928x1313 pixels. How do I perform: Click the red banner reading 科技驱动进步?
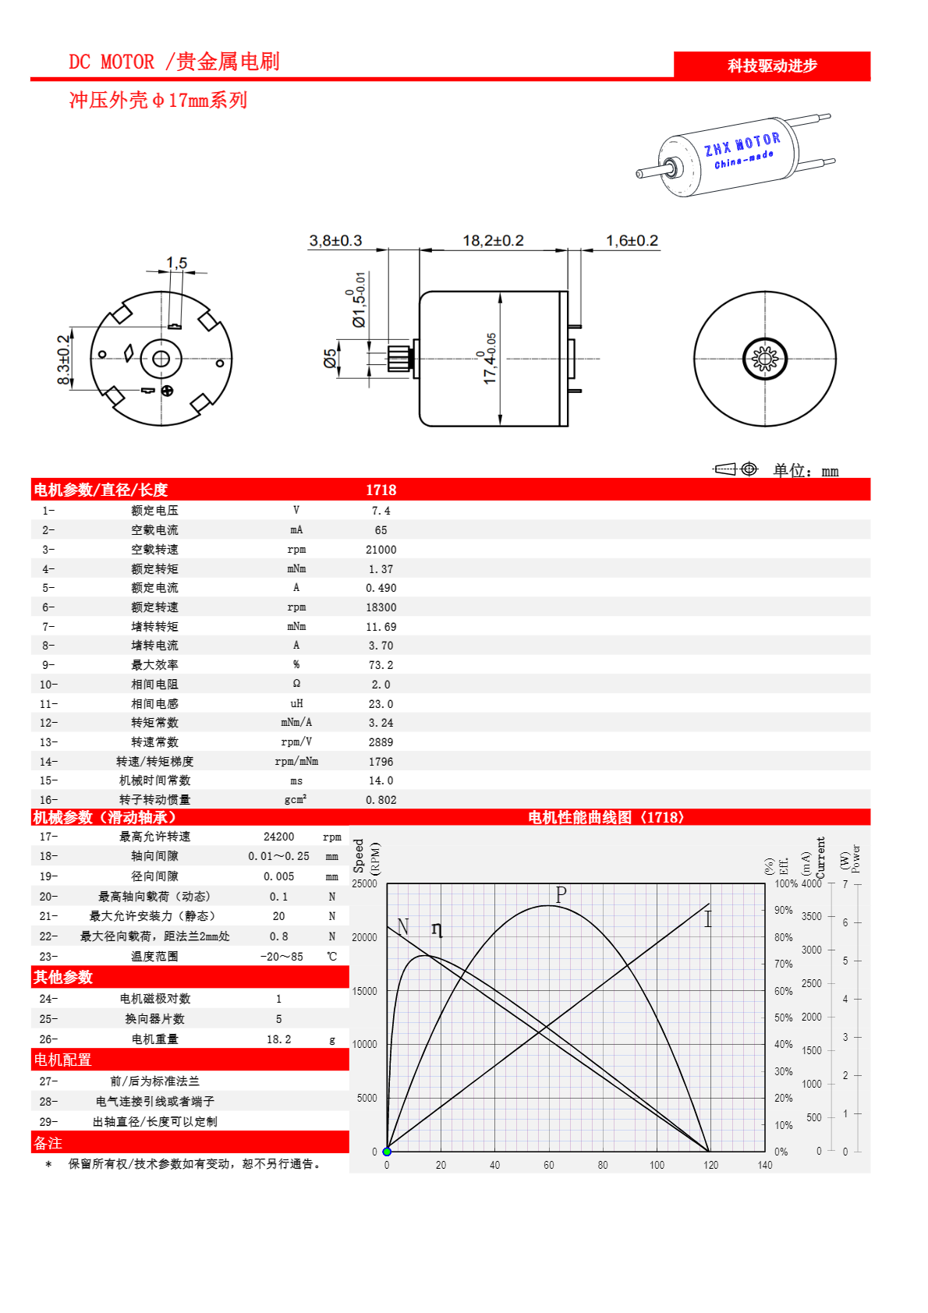pyautogui.click(x=771, y=66)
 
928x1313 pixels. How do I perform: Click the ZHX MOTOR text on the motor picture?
pyautogui.click(x=742, y=144)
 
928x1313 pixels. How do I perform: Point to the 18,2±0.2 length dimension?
pyautogui.click(x=493, y=241)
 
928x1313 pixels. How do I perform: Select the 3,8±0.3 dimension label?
pyautogui.click(x=335, y=241)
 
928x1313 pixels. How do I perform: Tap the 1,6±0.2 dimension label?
pyautogui.click(x=632, y=241)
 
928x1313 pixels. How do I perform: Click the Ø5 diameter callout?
pyautogui.click(x=331, y=359)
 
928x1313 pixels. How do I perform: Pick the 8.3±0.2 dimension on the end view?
pyautogui.click(x=64, y=359)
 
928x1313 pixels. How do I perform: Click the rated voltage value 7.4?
pyautogui.click(x=381, y=511)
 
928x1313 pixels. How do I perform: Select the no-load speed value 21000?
pyautogui.click(x=381, y=550)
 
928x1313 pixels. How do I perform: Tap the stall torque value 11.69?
pyautogui.click(x=381, y=627)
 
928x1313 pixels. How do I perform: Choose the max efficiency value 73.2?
pyautogui.click(x=381, y=665)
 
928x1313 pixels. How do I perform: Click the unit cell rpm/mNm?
pyautogui.click(x=296, y=762)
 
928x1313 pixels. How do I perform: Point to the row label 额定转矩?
pyautogui.click(x=154, y=569)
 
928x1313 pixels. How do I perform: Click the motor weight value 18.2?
pyautogui.click(x=278, y=1039)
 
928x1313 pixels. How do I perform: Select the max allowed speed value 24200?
pyautogui.click(x=278, y=837)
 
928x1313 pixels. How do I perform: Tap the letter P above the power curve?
pyautogui.click(x=561, y=894)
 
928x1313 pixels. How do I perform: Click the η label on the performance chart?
pyautogui.click(x=437, y=929)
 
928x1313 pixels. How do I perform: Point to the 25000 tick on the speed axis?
pyautogui.click(x=364, y=883)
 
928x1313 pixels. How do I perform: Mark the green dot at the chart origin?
pyautogui.click(x=387, y=1152)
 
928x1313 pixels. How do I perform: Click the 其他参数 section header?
pyautogui.click(x=63, y=977)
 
